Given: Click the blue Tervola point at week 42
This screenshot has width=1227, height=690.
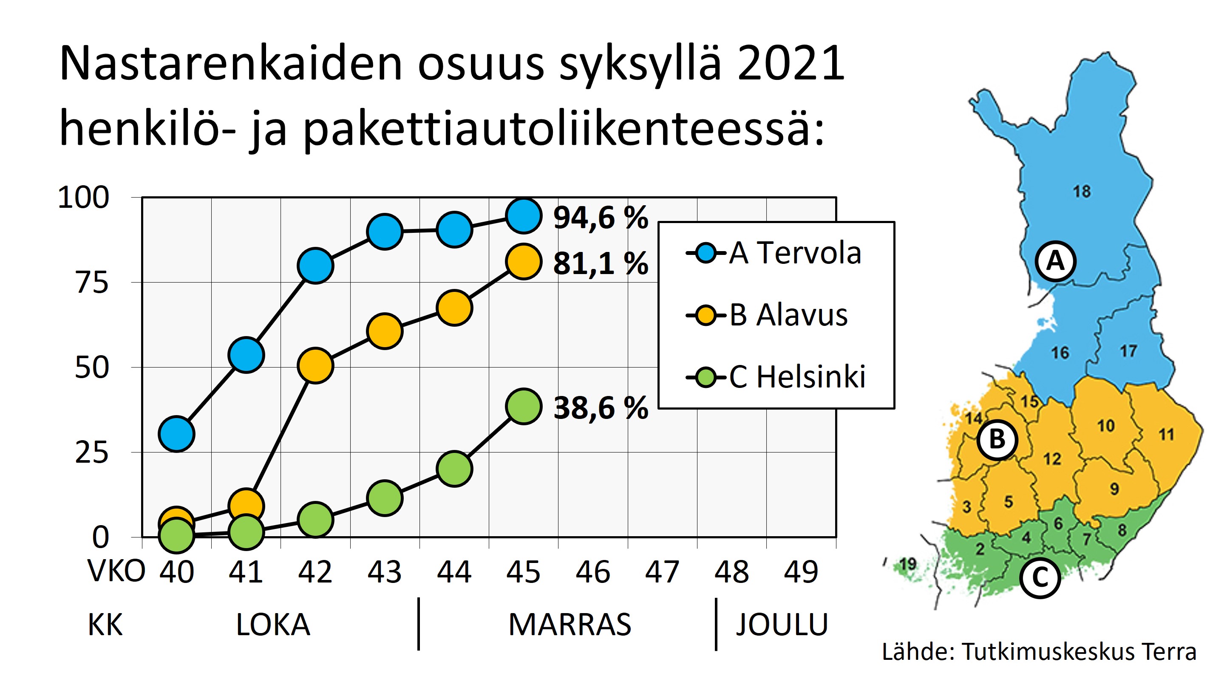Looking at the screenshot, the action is (x=315, y=265).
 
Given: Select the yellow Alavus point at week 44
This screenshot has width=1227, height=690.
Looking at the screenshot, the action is (x=454, y=308).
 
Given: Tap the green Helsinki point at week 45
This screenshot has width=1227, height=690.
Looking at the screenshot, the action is (x=524, y=406).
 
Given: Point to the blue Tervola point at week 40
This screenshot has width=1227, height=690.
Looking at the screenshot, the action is (x=177, y=434).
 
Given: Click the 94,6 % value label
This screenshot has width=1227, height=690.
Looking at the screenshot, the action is (x=601, y=218).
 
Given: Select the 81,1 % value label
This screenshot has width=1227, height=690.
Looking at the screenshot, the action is (x=601, y=263).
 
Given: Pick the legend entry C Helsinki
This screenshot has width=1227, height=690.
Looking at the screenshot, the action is (x=776, y=377).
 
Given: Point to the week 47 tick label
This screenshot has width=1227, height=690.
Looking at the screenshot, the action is (x=662, y=572).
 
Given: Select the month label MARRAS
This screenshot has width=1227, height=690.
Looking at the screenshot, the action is (x=570, y=624).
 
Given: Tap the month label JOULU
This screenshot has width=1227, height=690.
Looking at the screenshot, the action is (x=782, y=624).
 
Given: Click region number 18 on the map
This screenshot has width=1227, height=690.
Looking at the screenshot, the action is (x=1082, y=192).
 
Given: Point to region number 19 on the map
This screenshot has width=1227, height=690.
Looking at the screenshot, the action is (x=908, y=564).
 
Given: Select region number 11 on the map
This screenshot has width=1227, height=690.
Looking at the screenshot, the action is (x=1166, y=434).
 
